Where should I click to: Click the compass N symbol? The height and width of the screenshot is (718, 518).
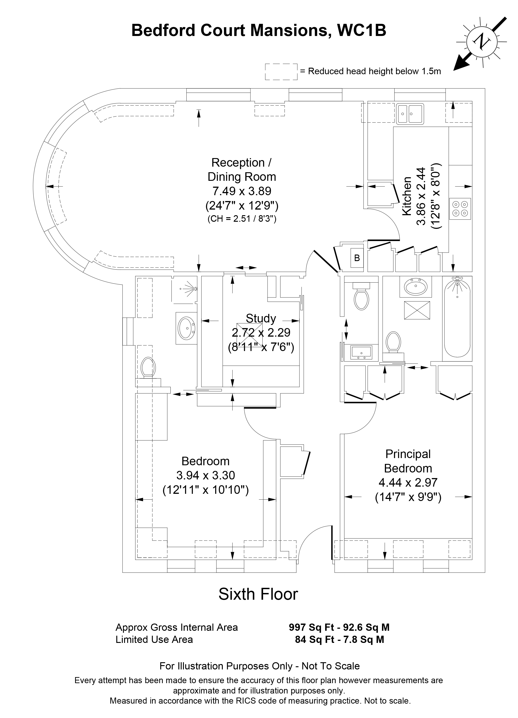click(x=481, y=41)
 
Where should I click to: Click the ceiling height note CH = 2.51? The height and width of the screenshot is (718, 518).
click(x=242, y=219)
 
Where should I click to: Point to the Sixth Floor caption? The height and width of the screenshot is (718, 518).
click(x=258, y=594)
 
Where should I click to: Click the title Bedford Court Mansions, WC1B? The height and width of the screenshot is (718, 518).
click(x=259, y=31)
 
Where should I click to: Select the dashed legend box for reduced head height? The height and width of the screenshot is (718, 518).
click(x=281, y=72)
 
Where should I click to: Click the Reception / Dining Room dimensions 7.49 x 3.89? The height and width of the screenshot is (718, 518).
click(x=242, y=191)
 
